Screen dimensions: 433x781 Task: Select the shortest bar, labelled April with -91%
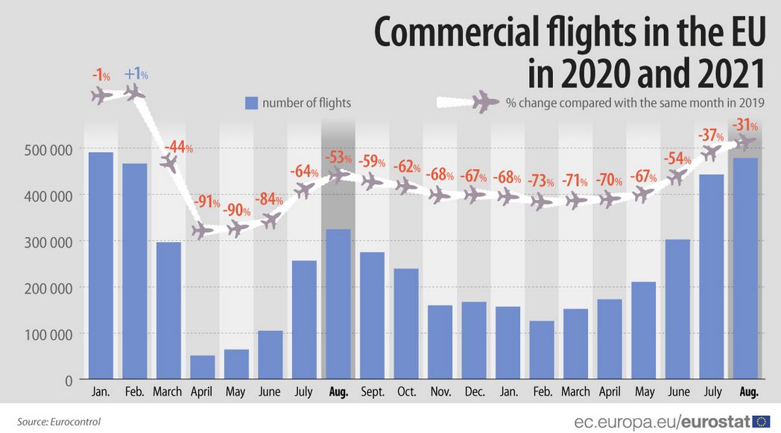(202, 367)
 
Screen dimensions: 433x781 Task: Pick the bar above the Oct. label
(406, 324)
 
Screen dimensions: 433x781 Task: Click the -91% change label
(206, 202)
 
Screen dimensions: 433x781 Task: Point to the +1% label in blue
(136, 75)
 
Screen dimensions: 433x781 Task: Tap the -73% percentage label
(541, 181)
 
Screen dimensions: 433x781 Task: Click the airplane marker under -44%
(169, 163)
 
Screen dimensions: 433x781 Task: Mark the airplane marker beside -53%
(338, 175)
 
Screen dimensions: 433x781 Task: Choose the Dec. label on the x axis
(473, 392)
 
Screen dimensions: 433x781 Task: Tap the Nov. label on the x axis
(440, 392)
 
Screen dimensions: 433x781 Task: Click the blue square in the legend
(251, 103)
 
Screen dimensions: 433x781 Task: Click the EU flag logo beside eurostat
(762, 422)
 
